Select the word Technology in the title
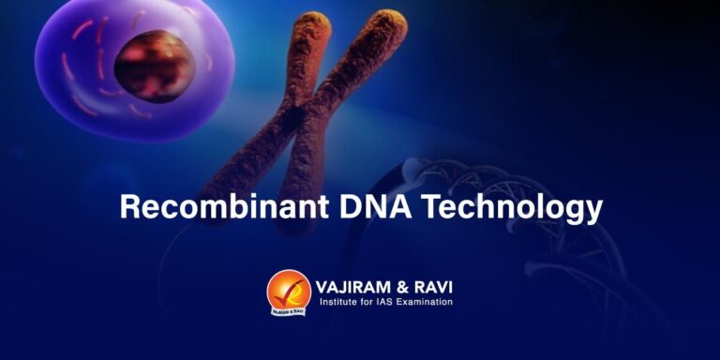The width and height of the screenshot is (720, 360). tap(512, 207)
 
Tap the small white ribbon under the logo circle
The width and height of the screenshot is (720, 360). tap(288, 308)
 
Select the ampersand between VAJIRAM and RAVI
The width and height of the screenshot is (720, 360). tap(405, 284)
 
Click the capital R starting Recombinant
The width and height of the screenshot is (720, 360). tap(130, 206)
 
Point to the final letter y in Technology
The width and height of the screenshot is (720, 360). tap(592, 210)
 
